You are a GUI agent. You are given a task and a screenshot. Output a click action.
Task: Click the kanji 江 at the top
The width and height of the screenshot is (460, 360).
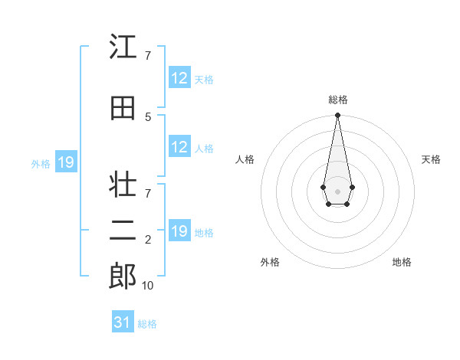click(123, 47)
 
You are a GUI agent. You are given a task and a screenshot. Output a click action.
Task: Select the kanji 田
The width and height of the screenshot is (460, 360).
click(123, 108)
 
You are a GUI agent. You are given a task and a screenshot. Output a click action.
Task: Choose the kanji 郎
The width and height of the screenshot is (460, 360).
click(123, 275)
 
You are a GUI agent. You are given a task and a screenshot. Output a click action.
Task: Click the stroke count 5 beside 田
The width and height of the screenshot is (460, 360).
click(148, 116)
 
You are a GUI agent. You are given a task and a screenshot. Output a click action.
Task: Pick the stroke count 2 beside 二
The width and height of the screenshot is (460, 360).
click(148, 240)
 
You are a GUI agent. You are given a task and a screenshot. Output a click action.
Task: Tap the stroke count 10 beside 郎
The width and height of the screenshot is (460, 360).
click(147, 285)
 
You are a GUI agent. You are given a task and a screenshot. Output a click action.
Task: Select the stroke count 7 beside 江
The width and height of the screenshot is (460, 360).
click(148, 55)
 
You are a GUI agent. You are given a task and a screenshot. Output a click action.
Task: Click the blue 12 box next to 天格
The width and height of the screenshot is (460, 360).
click(179, 78)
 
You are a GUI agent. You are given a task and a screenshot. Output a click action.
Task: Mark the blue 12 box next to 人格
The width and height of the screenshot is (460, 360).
click(179, 147)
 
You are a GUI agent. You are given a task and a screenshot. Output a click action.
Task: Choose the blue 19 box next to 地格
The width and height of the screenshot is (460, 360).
click(179, 231)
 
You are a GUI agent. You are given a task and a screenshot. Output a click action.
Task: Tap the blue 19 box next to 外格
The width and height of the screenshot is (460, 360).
click(66, 162)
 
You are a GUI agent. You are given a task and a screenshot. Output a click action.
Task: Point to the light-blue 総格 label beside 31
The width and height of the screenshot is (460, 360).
click(147, 324)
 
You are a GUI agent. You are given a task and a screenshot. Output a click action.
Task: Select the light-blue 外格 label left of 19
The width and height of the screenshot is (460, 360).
click(41, 163)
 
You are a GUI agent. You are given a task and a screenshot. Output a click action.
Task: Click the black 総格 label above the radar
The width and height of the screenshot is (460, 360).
click(337, 100)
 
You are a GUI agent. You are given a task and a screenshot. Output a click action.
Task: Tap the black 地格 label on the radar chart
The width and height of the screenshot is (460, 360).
click(402, 262)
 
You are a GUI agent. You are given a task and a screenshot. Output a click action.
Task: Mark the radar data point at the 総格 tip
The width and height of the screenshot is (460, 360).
click(337, 116)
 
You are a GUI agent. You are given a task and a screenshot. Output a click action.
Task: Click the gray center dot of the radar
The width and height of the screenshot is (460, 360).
click(337, 191)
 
